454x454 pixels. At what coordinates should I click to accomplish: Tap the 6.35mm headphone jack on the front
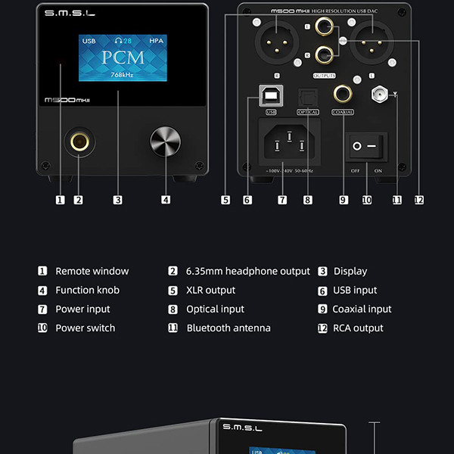(77, 141)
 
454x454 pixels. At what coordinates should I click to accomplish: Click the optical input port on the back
(307, 95)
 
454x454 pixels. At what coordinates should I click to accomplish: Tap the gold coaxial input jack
(342, 94)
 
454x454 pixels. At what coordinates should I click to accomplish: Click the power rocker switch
(367, 145)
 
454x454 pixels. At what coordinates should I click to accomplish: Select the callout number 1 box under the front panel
(60, 200)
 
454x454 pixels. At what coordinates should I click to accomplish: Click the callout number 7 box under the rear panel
(281, 200)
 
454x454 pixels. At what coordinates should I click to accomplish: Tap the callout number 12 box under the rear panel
(418, 200)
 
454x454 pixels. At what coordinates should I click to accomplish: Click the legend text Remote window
(92, 271)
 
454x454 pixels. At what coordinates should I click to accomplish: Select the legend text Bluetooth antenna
(228, 328)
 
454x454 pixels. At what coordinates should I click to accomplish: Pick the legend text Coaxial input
(362, 309)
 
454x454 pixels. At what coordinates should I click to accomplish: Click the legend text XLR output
(210, 290)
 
